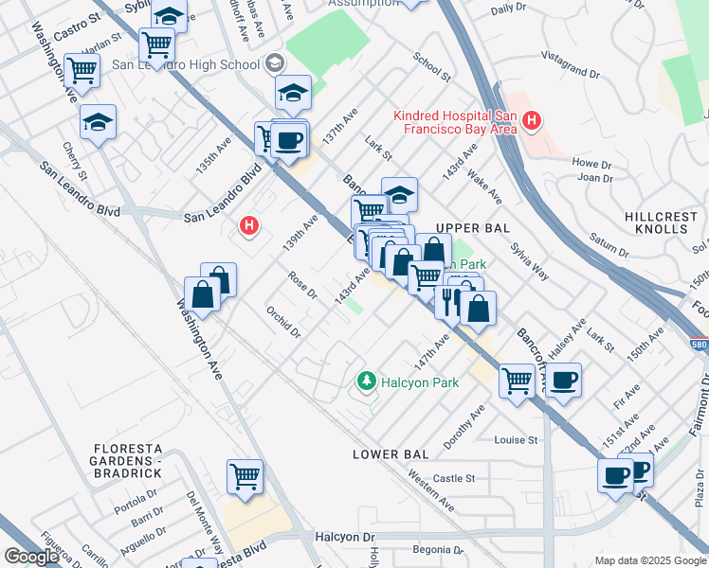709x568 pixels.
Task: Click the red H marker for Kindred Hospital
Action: (x=532, y=121)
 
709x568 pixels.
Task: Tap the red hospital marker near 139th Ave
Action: (x=249, y=225)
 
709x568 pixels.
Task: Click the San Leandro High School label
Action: (x=186, y=64)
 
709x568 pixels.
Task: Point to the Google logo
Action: (x=30, y=556)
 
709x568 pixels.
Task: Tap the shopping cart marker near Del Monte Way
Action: (x=245, y=476)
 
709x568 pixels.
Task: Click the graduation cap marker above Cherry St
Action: (x=98, y=122)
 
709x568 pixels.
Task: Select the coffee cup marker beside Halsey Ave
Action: (x=563, y=380)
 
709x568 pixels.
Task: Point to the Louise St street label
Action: (x=516, y=440)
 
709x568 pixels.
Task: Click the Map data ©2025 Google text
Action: (x=649, y=560)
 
